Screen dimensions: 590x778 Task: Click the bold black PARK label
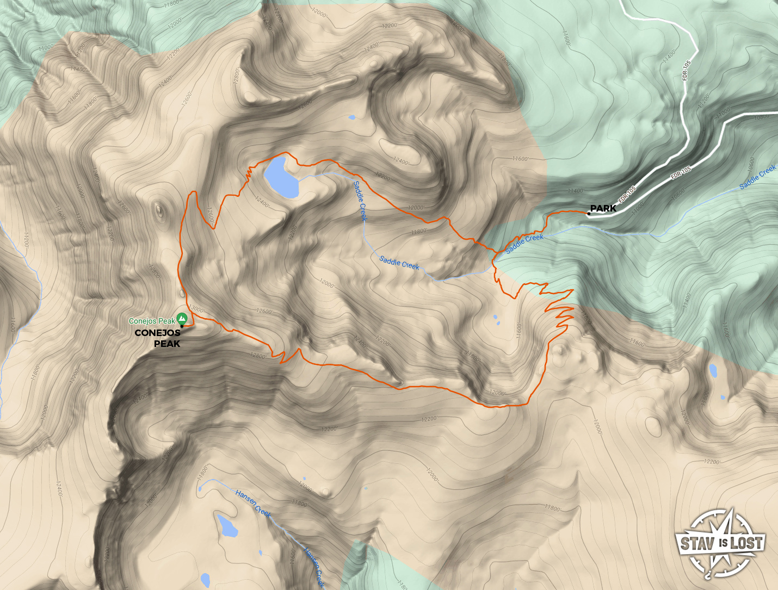pyautogui.click(x=603, y=208)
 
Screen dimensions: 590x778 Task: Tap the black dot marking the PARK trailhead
pyautogui.click(x=589, y=214)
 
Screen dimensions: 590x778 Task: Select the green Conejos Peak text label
pyautogui.click(x=152, y=321)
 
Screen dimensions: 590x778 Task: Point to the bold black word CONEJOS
pyautogui.click(x=157, y=333)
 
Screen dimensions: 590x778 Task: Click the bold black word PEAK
pyautogui.click(x=166, y=344)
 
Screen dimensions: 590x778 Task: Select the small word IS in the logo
pyautogui.click(x=723, y=543)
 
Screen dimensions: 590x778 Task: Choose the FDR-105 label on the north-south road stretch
pyautogui.click(x=687, y=71)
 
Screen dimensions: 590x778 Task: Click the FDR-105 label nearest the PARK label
pyautogui.click(x=628, y=195)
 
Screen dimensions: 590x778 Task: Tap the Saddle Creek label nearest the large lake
pyautogui.click(x=360, y=201)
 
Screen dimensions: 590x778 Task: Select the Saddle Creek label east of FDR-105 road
pyautogui.click(x=757, y=178)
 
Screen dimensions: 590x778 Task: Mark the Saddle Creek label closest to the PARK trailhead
pyautogui.click(x=524, y=244)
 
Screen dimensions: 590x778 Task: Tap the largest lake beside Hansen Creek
pyautogui.click(x=227, y=525)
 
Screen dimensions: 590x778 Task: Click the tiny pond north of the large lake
pyautogui.click(x=351, y=117)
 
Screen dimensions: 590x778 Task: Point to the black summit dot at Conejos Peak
pyautogui.click(x=182, y=326)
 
